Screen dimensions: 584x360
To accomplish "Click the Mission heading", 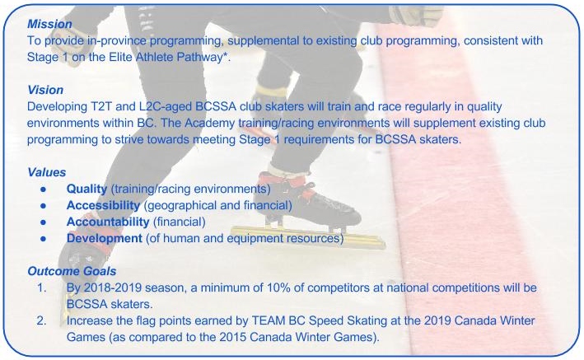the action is click(49, 24).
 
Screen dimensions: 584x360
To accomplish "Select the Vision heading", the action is click(45, 90).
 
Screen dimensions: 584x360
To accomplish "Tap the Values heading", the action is click(47, 172).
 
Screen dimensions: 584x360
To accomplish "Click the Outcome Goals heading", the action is click(72, 271).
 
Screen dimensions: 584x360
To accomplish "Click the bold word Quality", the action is click(86, 189).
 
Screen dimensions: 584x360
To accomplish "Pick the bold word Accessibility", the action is click(103, 205).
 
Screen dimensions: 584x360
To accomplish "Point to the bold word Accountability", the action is click(108, 222).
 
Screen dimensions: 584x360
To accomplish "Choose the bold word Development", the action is click(105, 238).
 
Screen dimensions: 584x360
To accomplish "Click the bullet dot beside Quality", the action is click(44, 189).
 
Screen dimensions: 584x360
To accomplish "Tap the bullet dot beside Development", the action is click(44, 239).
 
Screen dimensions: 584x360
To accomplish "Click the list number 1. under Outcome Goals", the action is click(42, 288).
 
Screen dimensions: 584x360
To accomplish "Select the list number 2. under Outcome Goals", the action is click(42, 320).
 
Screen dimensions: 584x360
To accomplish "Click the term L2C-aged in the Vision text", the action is click(166, 107).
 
